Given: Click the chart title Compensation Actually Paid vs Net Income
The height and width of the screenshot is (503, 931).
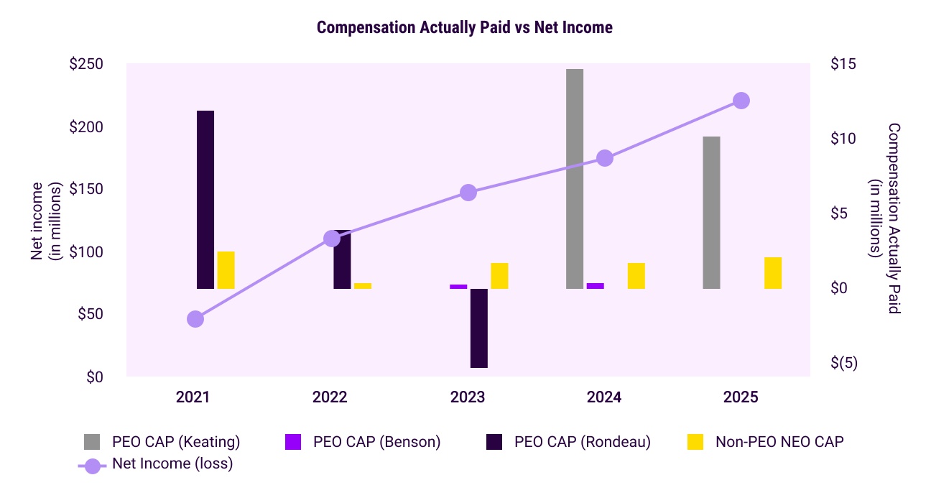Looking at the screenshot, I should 465,28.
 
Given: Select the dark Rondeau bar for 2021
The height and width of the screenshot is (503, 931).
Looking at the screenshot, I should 205,200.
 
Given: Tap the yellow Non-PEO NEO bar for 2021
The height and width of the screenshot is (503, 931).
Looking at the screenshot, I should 226,270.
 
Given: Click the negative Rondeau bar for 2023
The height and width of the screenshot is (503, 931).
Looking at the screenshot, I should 479,328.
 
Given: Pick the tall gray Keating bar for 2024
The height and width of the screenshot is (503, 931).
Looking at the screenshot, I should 575,179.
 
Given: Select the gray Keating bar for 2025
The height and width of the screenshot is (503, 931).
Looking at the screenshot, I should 711,213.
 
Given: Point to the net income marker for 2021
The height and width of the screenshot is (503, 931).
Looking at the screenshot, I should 195,319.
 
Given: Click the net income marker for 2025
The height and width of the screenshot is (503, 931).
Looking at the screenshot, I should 741,101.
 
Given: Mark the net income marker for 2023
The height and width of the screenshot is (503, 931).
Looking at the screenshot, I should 468,193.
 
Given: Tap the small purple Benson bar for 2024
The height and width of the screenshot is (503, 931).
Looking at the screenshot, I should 596,286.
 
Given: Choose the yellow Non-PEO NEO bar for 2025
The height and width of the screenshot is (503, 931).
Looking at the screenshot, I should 773,273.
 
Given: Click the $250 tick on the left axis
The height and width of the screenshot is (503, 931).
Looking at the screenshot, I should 86,64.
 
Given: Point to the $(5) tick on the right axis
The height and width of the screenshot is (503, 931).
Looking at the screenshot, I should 844,363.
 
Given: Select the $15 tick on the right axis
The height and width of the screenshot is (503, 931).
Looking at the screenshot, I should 843,64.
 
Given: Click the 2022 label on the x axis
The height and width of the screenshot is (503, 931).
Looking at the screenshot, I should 330,397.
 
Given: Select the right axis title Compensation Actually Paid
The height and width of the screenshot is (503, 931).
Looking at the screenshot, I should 893,218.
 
